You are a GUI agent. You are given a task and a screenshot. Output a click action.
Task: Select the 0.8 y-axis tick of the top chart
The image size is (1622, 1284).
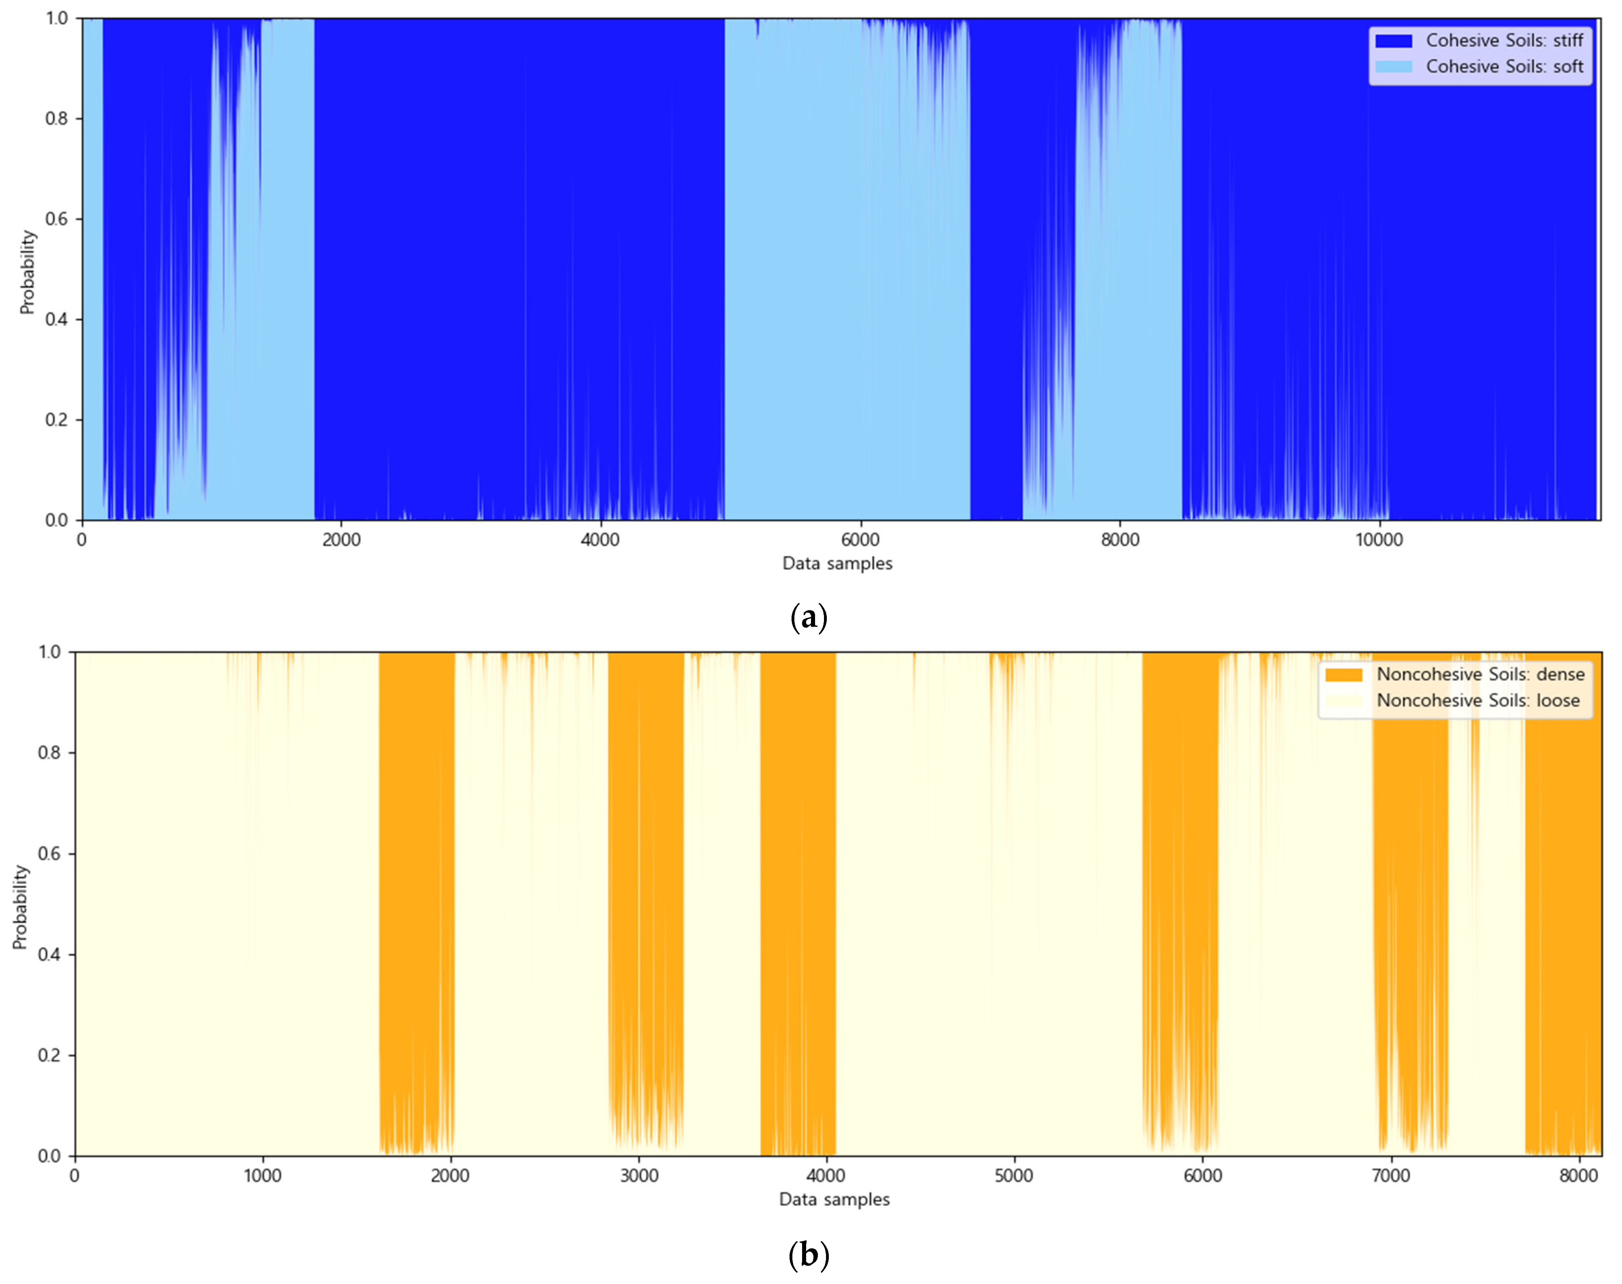tap(56, 119)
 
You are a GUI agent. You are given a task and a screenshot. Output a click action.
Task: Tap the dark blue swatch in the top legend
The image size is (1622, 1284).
tap(1393, 40)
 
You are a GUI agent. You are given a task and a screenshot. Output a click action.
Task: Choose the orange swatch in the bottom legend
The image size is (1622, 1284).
tap(1343, 674)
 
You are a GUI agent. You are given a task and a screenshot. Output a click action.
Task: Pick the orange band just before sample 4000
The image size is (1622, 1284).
tap(797, 902)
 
